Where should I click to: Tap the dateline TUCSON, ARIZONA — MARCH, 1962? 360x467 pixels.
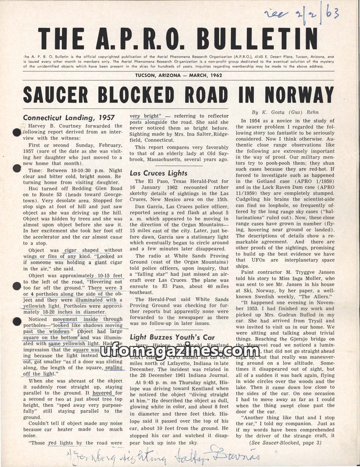tap(179, 75)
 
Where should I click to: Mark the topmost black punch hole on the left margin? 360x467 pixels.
tap(17, 132)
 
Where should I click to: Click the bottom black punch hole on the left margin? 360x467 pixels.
tap(17, 321)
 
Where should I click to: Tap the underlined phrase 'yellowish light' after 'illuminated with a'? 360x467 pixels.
tap(44, 306)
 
